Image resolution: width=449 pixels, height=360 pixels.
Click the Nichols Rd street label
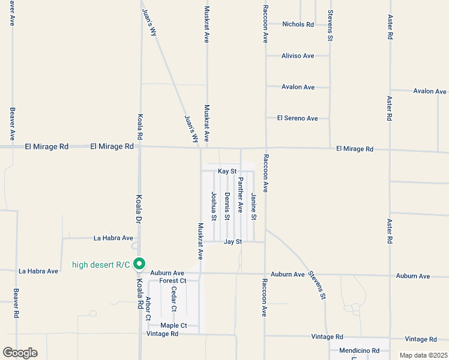(x=298, y=25)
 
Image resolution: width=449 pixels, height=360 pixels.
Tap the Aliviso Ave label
(x=298, y=56)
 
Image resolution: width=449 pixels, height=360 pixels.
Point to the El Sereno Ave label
(x=297, y=118)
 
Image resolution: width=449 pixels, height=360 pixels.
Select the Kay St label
(x=228, y=172)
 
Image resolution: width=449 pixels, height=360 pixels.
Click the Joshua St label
(x=213, y=206)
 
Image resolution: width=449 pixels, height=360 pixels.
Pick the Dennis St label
(x=227, y=206)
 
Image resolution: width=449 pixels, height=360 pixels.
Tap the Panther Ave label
(x=240, y=195)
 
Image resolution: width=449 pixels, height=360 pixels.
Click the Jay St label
(x=232, y=242)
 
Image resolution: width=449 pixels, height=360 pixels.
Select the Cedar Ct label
(x=174, y=299)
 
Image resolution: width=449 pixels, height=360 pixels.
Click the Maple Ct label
(x=173, y=326)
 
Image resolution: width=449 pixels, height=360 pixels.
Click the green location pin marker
(x=139, y=264)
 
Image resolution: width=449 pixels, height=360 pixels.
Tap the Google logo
(x=20, y=353)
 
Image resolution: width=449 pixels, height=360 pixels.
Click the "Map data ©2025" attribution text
(x=423, y=355)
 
